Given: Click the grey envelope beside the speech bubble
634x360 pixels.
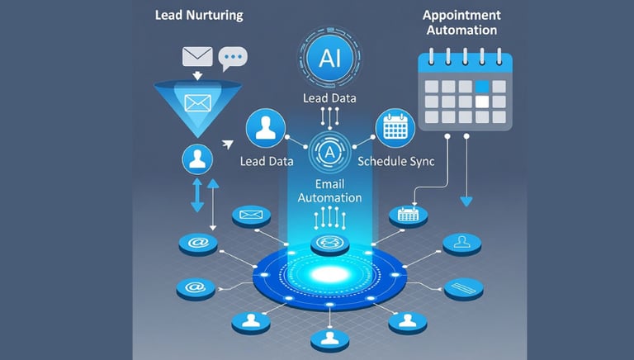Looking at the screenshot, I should (198, 57).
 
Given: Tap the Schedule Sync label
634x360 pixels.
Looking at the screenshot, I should (396, 161).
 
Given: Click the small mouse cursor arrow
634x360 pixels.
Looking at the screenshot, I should (227, 144).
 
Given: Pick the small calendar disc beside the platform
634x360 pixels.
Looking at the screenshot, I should (409, 215).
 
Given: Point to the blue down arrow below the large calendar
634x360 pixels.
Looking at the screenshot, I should (466, 200).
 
